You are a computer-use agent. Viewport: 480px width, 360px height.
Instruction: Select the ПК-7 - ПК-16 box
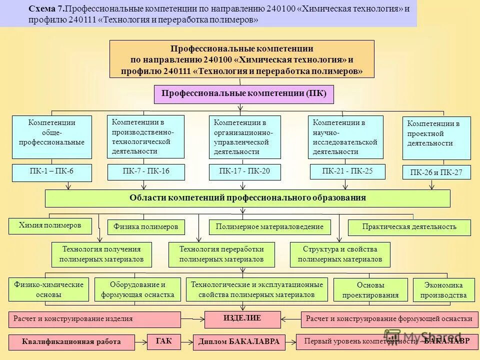(146, 171)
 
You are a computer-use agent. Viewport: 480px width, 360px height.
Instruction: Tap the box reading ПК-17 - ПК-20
(244, 171)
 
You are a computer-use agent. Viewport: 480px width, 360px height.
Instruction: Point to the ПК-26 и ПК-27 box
(436, 173)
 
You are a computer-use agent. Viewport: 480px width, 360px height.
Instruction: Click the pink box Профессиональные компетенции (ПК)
(243, 93)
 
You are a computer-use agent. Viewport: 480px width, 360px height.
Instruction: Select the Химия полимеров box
(50, 225)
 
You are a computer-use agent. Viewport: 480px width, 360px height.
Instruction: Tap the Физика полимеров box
(146, 227)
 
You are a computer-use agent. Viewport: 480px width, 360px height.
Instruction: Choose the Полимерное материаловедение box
(269, 227)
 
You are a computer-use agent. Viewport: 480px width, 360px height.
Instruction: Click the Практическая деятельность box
(409, 227)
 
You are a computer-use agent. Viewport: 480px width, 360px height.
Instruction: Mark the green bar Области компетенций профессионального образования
(247, 198)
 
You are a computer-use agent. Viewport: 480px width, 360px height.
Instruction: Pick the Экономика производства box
(443, 290)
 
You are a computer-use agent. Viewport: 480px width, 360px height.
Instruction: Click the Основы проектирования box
(370, 290)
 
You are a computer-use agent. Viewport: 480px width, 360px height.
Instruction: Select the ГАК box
(163, 341)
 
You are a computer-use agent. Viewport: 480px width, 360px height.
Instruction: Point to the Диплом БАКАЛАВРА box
(238, 342)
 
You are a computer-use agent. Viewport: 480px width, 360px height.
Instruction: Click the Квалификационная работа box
(71, 342)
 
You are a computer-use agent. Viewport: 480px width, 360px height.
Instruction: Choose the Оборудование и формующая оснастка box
(137, 289)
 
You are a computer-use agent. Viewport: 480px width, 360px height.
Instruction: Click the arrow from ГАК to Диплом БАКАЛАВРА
(185, 341)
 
